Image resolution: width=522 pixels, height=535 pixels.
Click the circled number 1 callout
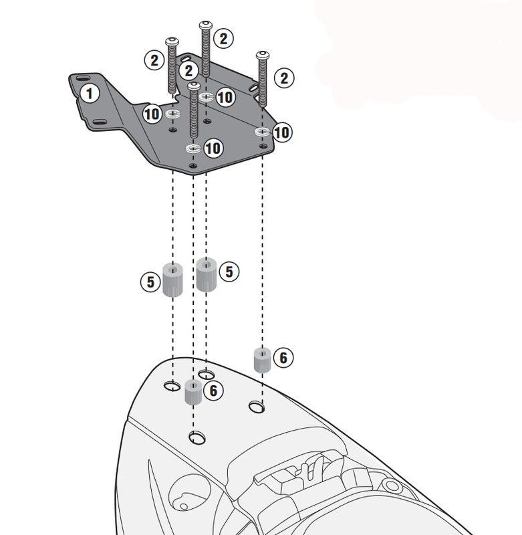pos(90,93)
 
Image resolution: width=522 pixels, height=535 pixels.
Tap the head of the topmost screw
pos(205,25)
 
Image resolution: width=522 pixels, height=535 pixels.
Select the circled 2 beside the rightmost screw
pos(284,78)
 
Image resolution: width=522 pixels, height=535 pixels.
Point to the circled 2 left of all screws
pos(154,61)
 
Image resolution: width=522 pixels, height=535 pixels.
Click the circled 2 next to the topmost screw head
pos(224,38)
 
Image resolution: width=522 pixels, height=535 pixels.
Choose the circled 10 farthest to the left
pos(152,114)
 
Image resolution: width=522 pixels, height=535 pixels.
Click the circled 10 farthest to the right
pos(281,132)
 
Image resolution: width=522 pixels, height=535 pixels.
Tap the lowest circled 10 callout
pos(213,148)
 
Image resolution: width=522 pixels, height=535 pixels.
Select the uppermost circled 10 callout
pos(225,98)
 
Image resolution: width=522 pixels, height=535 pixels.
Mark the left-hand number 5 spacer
pos(172,282)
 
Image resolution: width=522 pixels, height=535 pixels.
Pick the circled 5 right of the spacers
pos(229,271)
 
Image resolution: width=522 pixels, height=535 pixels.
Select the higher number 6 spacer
pos(261,360)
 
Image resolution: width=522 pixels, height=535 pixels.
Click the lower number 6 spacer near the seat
pos(193,393)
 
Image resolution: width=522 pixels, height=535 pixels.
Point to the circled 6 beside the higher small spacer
pos(283,358)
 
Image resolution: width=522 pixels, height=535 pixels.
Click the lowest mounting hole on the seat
pos(197,438)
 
